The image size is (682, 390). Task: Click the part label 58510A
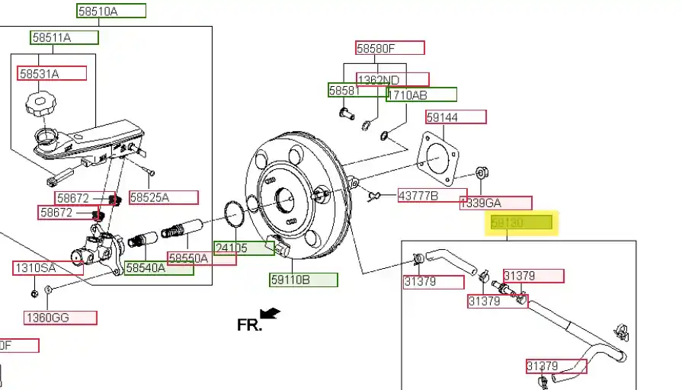click(111, 11)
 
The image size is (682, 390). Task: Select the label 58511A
click(64, 37)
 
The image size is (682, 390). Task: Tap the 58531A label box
click(52, 73)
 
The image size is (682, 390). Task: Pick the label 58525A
click(163, 197)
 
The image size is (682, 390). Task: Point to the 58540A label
click(158, 268)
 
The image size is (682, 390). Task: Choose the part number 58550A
click(202, 258)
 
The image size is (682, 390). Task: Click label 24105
click(243, 248)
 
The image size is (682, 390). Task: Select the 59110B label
click(303, 280)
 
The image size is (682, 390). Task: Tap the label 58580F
click(389, 48)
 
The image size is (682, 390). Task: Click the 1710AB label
click(421, 94)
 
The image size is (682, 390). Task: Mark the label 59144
click(455, 117)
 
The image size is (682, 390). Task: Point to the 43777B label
click(431, 196)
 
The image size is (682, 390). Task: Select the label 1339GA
click(495, 203)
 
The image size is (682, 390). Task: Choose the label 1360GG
click(60, 318)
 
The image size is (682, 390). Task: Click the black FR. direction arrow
click(271, 312)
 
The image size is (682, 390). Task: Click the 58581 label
click(357, 90)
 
